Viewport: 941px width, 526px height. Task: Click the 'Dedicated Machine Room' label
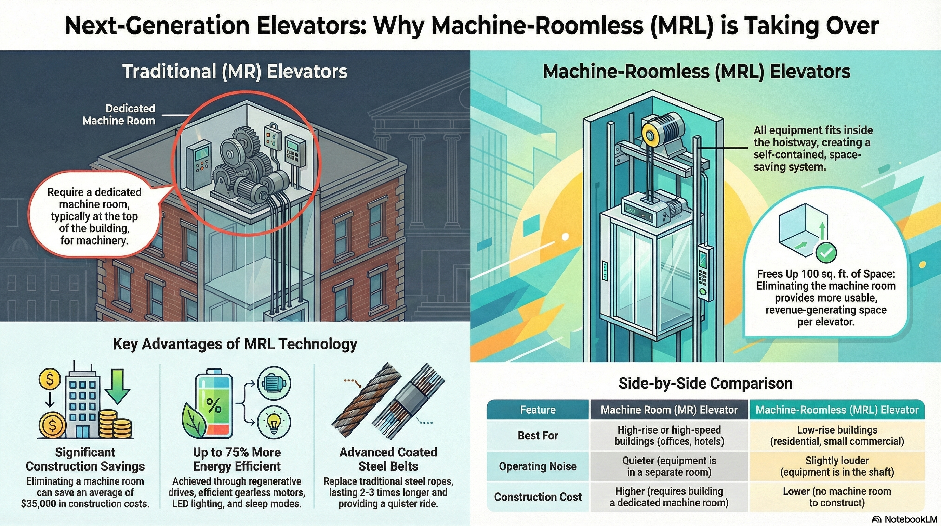[119, 114]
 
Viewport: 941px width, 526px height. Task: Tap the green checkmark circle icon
[826, 252]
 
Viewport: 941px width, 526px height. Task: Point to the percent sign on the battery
[214, 405]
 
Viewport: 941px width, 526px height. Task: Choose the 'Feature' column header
[538, 410]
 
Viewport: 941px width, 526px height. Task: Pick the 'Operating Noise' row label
[538, 466]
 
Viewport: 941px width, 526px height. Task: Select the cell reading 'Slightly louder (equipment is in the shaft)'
[837, 466]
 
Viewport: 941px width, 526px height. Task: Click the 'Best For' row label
[538, 436]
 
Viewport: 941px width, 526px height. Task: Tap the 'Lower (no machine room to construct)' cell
[837, 497]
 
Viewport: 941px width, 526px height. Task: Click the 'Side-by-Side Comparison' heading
[705, 383]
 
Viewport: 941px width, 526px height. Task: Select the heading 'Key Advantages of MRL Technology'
[235, 344]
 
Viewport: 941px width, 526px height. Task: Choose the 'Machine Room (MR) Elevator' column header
[669, 410]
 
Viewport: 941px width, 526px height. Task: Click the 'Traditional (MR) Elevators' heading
[235, 71]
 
